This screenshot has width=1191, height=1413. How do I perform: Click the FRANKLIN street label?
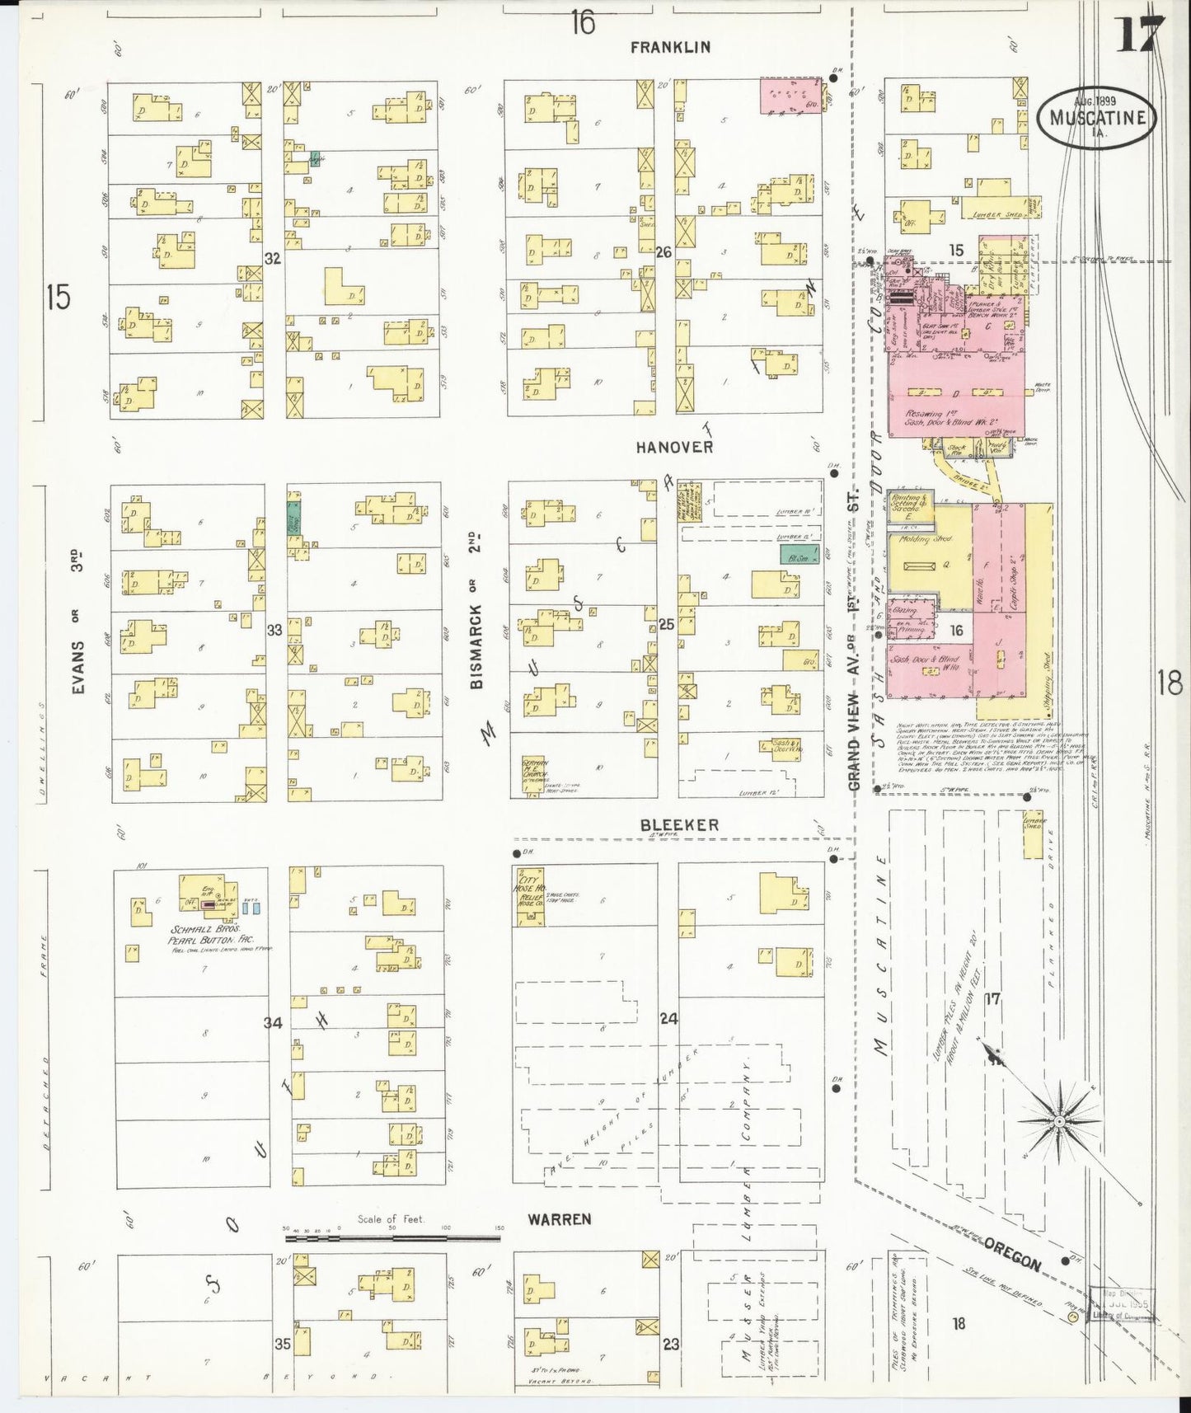tap(670, 47)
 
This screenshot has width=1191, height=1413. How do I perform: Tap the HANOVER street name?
tap(673, 447)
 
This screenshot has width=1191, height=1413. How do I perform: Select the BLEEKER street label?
tap(680, 824)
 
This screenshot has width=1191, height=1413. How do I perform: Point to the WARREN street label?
tap(560, 1218)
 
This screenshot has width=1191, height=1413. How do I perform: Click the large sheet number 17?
tap(1141, 35)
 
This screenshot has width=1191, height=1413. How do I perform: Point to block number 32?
tap(273, 258)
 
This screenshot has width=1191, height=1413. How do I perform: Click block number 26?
tap(664, 253)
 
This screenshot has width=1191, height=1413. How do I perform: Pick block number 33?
tap(274, 630)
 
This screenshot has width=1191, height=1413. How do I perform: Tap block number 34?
tap(273, 1022)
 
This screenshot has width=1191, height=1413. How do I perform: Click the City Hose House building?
tap(526, 894)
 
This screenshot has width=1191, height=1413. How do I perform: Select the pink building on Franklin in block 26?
tap(790, 96)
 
